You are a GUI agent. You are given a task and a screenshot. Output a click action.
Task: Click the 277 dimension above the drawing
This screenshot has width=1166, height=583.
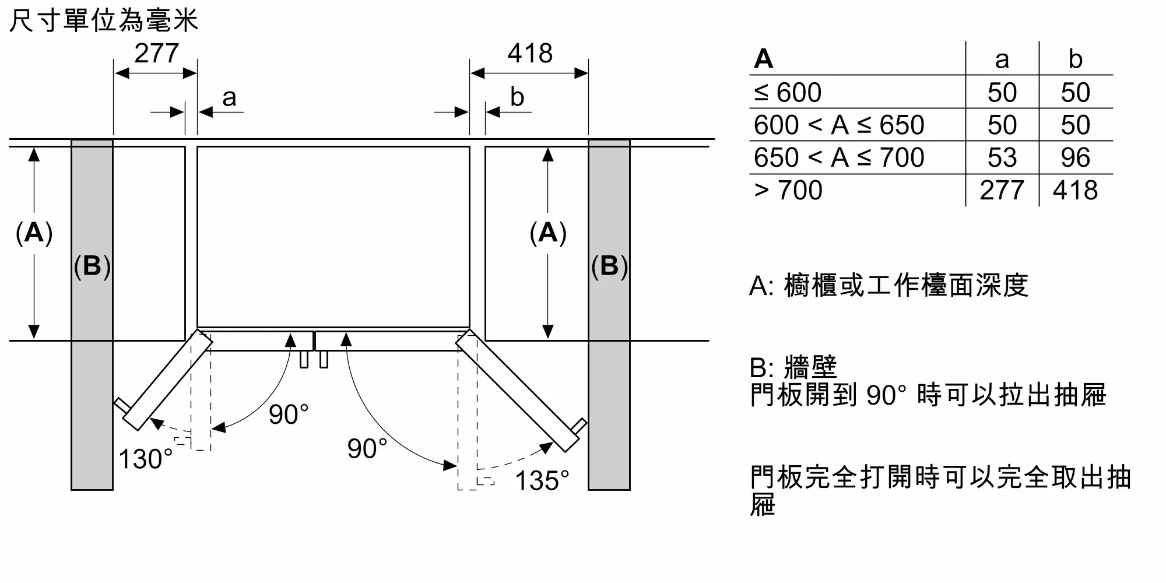156,54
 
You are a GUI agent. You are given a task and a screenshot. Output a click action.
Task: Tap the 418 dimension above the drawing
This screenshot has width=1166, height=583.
530,54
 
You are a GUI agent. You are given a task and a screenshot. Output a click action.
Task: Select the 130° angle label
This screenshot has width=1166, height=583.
146,459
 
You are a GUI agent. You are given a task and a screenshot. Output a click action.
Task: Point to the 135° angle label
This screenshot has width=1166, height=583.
542,481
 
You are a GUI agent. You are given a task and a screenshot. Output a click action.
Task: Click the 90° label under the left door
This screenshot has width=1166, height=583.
289,415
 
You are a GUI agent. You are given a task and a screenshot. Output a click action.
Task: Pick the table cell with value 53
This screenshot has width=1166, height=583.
1002,157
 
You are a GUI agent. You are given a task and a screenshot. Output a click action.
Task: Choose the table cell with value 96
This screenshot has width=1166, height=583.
1076,157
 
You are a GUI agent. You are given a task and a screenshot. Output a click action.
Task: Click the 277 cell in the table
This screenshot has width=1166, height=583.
1002,190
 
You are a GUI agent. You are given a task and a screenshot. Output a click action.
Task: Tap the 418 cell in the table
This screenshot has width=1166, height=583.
1076,190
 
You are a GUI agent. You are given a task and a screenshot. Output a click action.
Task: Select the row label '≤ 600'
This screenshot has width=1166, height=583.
788,92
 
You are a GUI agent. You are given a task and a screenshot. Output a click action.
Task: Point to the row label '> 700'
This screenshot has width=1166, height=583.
788,190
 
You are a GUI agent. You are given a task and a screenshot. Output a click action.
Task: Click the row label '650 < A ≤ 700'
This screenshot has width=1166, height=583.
839,157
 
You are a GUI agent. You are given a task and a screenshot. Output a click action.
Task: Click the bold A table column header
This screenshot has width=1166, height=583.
764,59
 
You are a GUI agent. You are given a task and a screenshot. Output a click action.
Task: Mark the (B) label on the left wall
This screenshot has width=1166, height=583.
92,266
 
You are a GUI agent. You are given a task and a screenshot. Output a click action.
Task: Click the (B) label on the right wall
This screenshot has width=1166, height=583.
609,266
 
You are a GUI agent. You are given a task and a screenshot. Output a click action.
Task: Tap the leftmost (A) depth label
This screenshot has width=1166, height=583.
34,233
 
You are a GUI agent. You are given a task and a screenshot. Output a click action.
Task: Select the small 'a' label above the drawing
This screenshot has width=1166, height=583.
229,98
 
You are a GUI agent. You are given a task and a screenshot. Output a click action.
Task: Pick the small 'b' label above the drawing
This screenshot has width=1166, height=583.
517,97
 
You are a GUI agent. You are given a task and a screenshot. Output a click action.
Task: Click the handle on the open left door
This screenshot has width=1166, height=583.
122,406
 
